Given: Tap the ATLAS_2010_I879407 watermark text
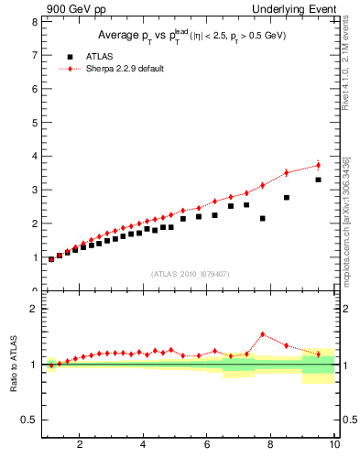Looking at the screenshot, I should point(190,273).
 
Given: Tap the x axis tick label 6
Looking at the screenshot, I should point(207,445).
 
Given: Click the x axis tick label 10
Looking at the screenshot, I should point(333,445).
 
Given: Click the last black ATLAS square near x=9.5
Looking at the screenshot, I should point(318,180).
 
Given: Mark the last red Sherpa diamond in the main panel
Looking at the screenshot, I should point(318,165).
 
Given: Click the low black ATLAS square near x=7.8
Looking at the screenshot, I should point(263,218).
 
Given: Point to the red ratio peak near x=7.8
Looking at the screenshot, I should point(263,334).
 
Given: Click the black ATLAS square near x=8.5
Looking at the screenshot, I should point(287,197).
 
